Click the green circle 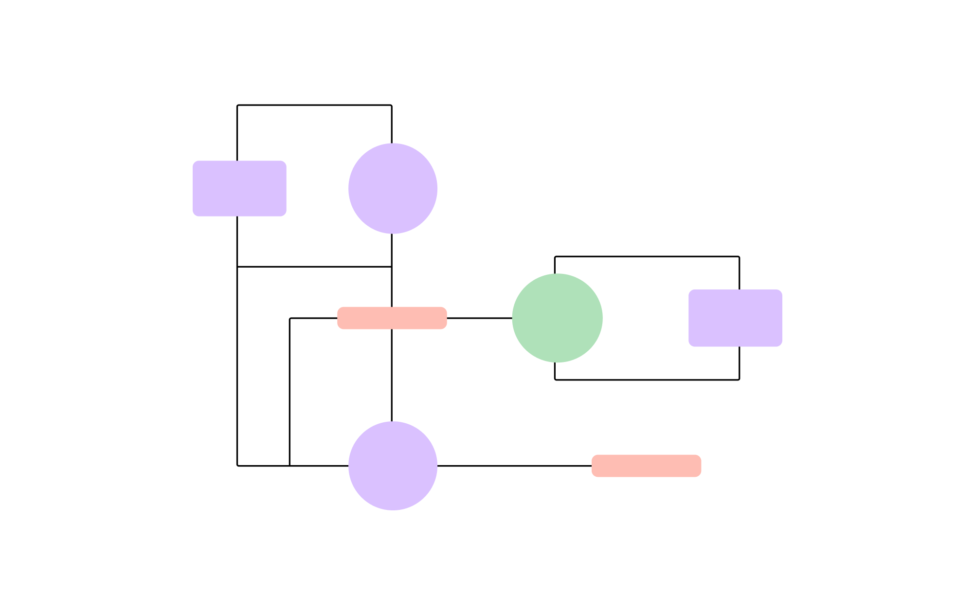557,318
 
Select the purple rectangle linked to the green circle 735,318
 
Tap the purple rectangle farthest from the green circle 239,188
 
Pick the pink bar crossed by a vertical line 392,318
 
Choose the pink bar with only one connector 646,466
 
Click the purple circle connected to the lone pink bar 393,466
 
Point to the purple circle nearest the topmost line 393,188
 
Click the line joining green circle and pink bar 479,318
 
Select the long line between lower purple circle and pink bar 514,466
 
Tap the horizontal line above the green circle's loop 647,256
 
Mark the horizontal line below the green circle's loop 647,379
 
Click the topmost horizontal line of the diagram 314,105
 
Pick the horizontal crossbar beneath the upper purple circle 314,267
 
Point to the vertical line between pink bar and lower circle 392,375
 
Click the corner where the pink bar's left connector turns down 290,318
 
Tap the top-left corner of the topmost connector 237,105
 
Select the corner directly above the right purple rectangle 739,256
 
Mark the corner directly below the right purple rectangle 739,379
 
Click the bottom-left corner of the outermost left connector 237,466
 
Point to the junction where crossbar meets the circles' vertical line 392,267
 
